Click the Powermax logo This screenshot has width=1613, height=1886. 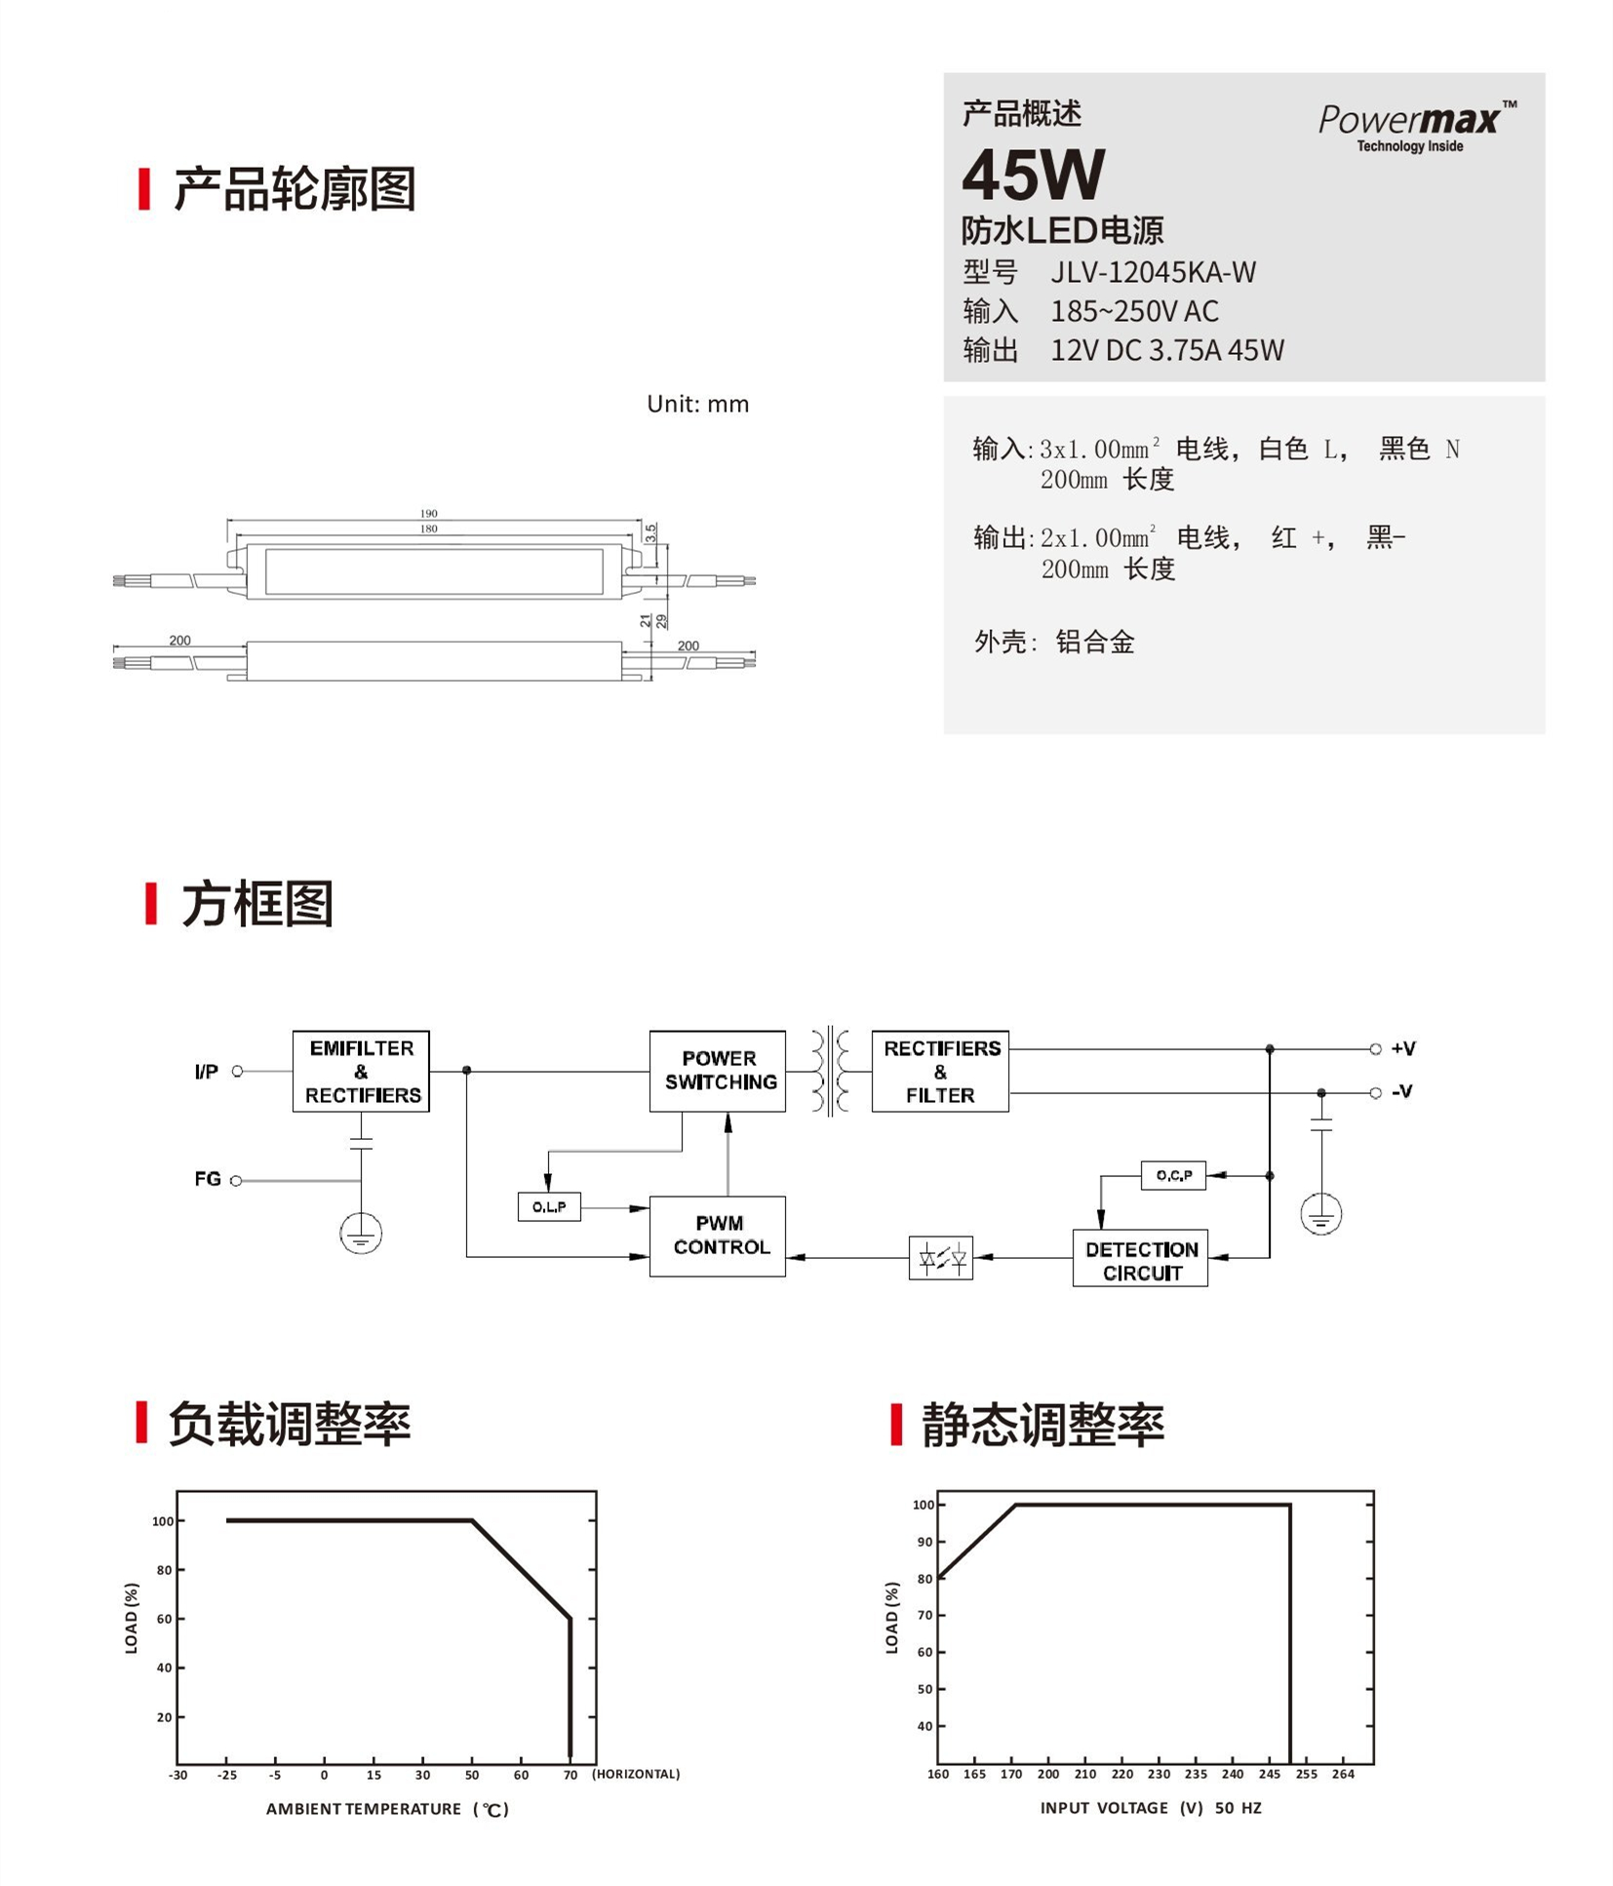1417,126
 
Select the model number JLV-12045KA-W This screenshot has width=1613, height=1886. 1153,272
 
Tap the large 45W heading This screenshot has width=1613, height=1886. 1033,174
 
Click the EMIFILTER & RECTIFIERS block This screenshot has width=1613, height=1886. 361,1071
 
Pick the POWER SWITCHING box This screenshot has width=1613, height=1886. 718,1071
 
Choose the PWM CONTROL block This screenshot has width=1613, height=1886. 718,1236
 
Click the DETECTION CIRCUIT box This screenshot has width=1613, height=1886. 1140,1258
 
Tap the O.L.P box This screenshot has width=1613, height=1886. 549,1206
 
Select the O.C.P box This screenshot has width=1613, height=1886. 1173,1175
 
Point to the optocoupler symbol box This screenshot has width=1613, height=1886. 940,1258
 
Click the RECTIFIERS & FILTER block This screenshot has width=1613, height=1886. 940,1071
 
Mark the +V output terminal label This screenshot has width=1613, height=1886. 1403,1048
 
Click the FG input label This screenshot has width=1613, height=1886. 208,1179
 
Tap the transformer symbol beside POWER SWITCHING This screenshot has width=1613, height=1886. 829,1071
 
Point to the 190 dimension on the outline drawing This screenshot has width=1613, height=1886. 429,513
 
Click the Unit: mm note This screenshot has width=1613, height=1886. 698,404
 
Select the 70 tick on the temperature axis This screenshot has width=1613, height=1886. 570,1775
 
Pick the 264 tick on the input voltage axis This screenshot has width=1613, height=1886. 1343,1774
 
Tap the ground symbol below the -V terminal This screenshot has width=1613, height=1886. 1321,1215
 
